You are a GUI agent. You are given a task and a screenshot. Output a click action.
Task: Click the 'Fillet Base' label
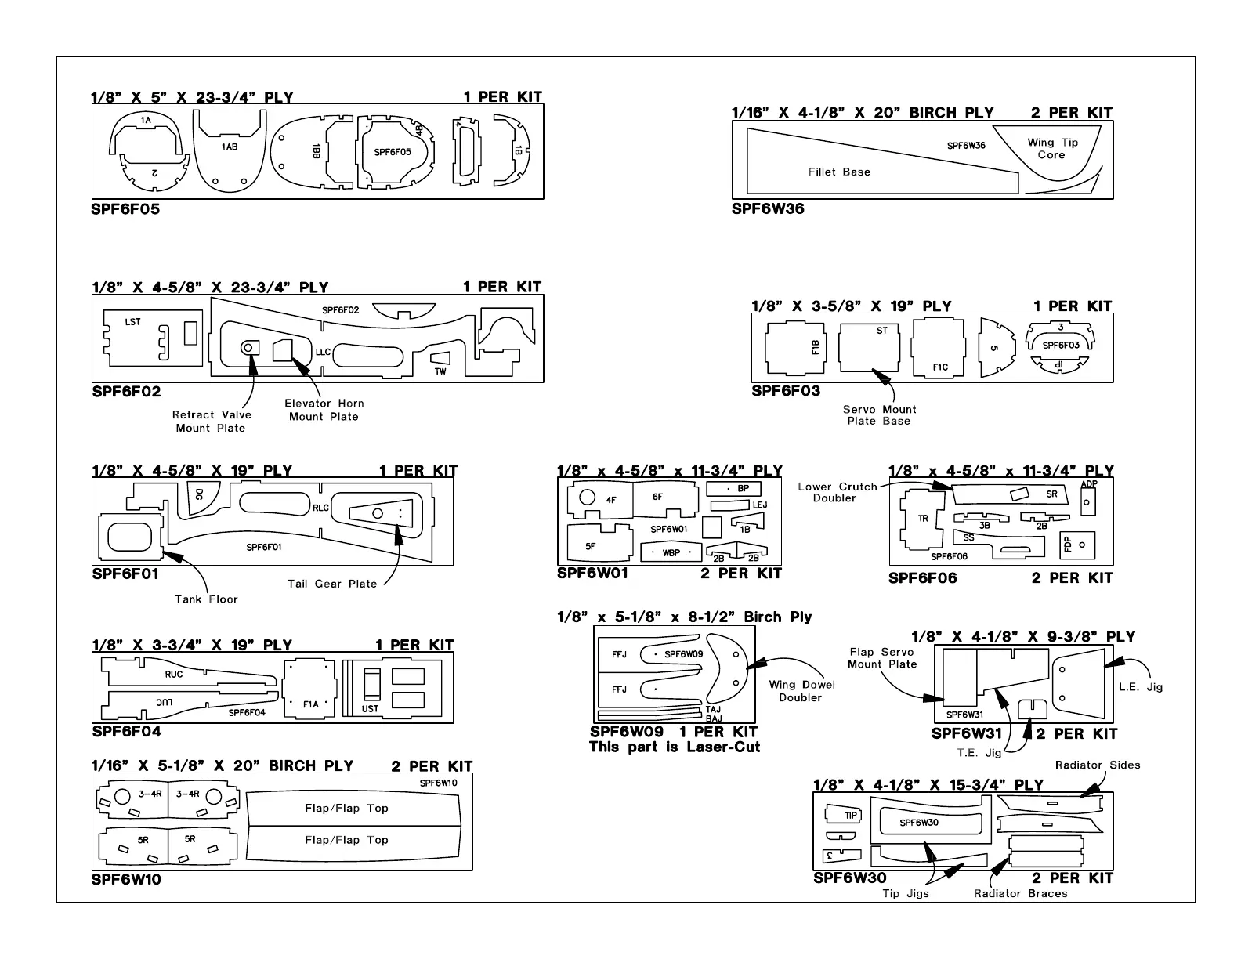pyautogui.click(x=839, y=172)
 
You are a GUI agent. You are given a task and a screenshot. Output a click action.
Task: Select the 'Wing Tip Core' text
pyautogui.click(x=1052, y=149)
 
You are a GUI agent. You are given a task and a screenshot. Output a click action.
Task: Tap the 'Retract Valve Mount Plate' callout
pyautogui.click(x=212, y=422)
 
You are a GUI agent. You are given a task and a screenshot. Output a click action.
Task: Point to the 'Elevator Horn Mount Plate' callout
pyautogui.click(x=324, y=410)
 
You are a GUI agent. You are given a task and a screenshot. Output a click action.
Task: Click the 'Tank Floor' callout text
pyautogui.click(x=206, y=599)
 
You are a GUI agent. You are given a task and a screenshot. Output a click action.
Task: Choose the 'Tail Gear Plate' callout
pyautogui.click(x=332, y=584)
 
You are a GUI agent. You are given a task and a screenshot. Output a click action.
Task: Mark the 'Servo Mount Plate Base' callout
pyautogui.click(x=879, y=415)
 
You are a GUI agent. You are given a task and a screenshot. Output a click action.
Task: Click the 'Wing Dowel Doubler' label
pyautogui.click(x=801, y=691)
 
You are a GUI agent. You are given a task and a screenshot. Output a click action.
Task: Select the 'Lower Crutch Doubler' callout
pyautogui.click(x=837, y=492)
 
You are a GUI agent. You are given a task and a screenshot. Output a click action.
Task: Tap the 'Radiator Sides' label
pyautogui.click(x=1097, y=765)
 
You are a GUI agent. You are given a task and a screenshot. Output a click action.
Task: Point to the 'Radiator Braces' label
pyautogui.click(x=1020, y=893)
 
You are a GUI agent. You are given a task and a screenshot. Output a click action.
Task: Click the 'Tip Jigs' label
pyautogui.click(x=906, y=893)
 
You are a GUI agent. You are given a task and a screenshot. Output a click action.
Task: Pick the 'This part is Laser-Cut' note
pyautogui.click(x=674, y=747)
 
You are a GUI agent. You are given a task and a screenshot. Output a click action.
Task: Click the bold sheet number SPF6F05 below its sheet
pyautogui.click(x=125, y=209)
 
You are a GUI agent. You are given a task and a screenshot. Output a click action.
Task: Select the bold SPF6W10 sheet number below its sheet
pyautogui.click(x=126, y=879)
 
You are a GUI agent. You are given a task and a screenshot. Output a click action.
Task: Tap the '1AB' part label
pyautogui.click(x=229, y=147)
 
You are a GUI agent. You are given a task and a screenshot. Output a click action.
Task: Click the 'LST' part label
pyautogui.click(x=133, y=322)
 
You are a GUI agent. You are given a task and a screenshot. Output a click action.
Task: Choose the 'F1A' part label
pyautogui.click(x=311, y=704)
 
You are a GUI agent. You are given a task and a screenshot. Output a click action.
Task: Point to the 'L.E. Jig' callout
pyautogui.click(x=1140, y=687)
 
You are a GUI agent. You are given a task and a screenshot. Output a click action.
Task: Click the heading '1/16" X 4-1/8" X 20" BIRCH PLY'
pyautogui.click(x=863, y=113)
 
